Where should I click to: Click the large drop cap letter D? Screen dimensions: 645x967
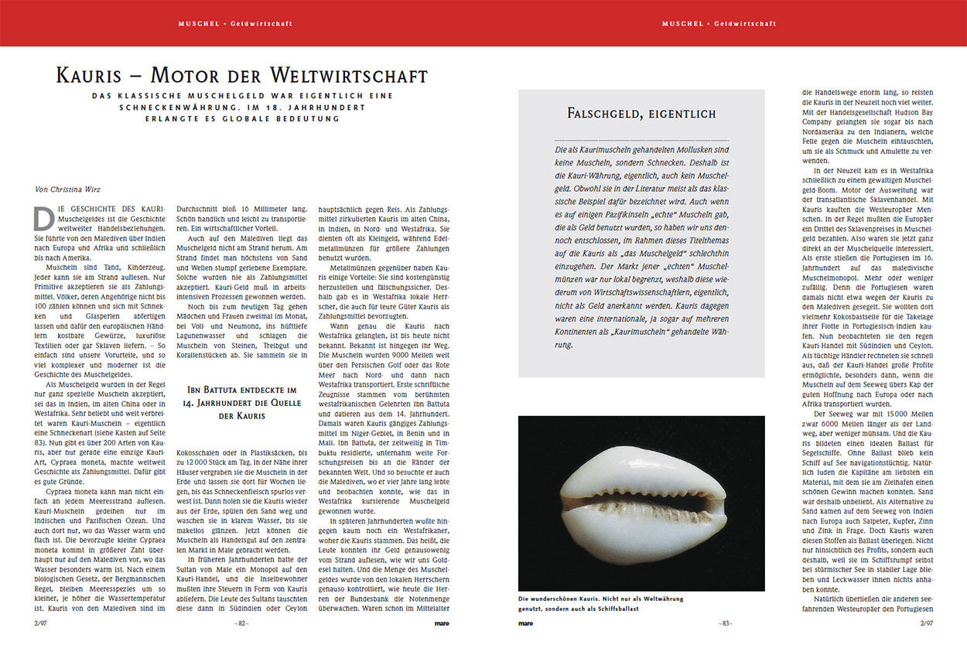(43, 220)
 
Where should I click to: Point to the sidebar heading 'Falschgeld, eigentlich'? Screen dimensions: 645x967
(641, 114)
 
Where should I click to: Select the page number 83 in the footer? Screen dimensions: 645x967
(725, 623)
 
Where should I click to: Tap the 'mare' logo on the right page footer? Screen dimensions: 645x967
(525, 623)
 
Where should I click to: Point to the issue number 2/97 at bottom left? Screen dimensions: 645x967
(41, 623)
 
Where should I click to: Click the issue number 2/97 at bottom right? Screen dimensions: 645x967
(926, 623)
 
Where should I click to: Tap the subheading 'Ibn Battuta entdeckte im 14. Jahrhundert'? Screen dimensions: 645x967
(242, 403)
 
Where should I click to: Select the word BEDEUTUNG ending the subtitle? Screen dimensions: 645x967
(307, 118)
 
